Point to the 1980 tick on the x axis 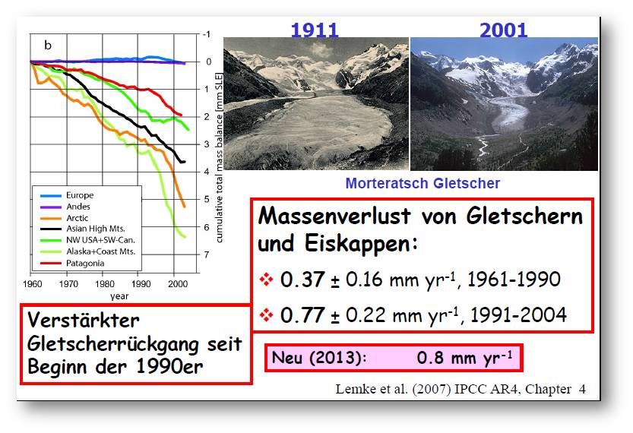105,284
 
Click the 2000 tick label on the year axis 178,284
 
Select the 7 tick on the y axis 207,254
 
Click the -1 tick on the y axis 206,34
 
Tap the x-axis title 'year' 119,296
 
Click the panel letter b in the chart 48,45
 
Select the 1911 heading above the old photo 314,30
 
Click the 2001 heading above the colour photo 503,30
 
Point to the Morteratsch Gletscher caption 423,183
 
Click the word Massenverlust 334,216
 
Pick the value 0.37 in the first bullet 302,280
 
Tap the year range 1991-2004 519,314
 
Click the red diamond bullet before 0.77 267,314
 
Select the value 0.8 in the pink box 430,358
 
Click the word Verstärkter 84,321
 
